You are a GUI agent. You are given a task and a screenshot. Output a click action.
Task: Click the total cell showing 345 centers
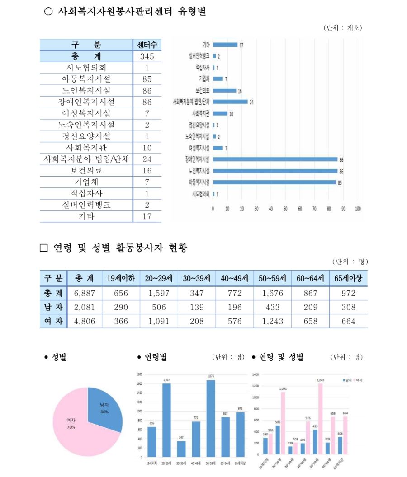click(x=147, y=56)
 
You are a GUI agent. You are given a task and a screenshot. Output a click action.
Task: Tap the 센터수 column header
click(x=147, y=45)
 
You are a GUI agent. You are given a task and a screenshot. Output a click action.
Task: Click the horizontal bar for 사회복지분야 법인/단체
click(x=230, y=102)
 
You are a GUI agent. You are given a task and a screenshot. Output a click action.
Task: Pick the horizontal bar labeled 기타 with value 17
click(x=225, y=45)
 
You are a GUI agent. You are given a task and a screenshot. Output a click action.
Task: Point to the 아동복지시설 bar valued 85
click(x=274, y=182)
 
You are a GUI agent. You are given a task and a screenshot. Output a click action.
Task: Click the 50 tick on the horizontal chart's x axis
click(x=285, y=209)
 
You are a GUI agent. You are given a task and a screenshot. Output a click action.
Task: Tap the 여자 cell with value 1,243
click(x=273, y=322)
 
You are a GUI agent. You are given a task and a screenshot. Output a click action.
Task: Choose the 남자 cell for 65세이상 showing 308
click(x=349, y=308)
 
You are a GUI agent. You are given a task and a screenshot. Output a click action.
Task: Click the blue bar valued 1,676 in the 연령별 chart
click(x=211, y=418)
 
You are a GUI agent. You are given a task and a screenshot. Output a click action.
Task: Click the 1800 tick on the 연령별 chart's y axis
click(x=139, y=374)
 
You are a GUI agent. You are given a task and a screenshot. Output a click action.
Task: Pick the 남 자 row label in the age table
click(x=53, y=308)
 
